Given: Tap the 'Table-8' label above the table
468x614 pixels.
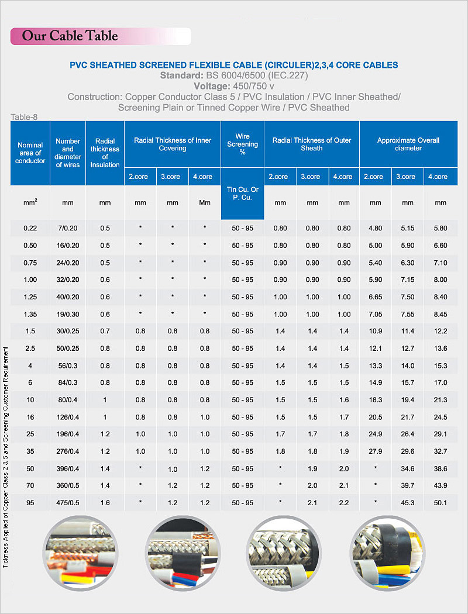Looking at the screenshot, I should click(x=24, y=117).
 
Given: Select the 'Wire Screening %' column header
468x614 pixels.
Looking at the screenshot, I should click(x=242, y=144).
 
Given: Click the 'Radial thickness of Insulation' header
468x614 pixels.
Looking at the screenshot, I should click(x=105, y=153).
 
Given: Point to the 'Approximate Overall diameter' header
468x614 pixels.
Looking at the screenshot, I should click(x=408, y=144).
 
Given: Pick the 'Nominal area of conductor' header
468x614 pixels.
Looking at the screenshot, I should click(x=30, y=153).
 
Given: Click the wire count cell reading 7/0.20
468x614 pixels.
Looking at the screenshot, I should click(x=68, y=228).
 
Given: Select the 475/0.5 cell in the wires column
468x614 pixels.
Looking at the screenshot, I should click(x=68, y=503).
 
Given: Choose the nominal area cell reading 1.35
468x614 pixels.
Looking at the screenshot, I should click(x=30, y=314).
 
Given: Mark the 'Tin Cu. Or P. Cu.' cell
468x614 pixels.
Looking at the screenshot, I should click(x=242, y=194).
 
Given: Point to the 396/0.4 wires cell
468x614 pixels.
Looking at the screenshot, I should click(x=68, y=468).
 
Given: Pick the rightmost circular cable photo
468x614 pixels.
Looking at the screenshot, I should click(x=385, y=552).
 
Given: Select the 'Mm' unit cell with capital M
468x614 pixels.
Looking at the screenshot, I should click(x=204, y=203).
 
